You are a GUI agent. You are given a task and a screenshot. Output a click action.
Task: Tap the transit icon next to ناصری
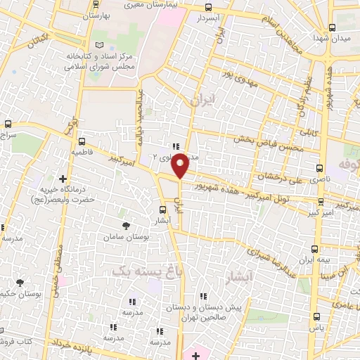point(321,169)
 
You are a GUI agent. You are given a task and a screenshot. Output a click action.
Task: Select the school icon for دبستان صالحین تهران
point(205,297)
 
